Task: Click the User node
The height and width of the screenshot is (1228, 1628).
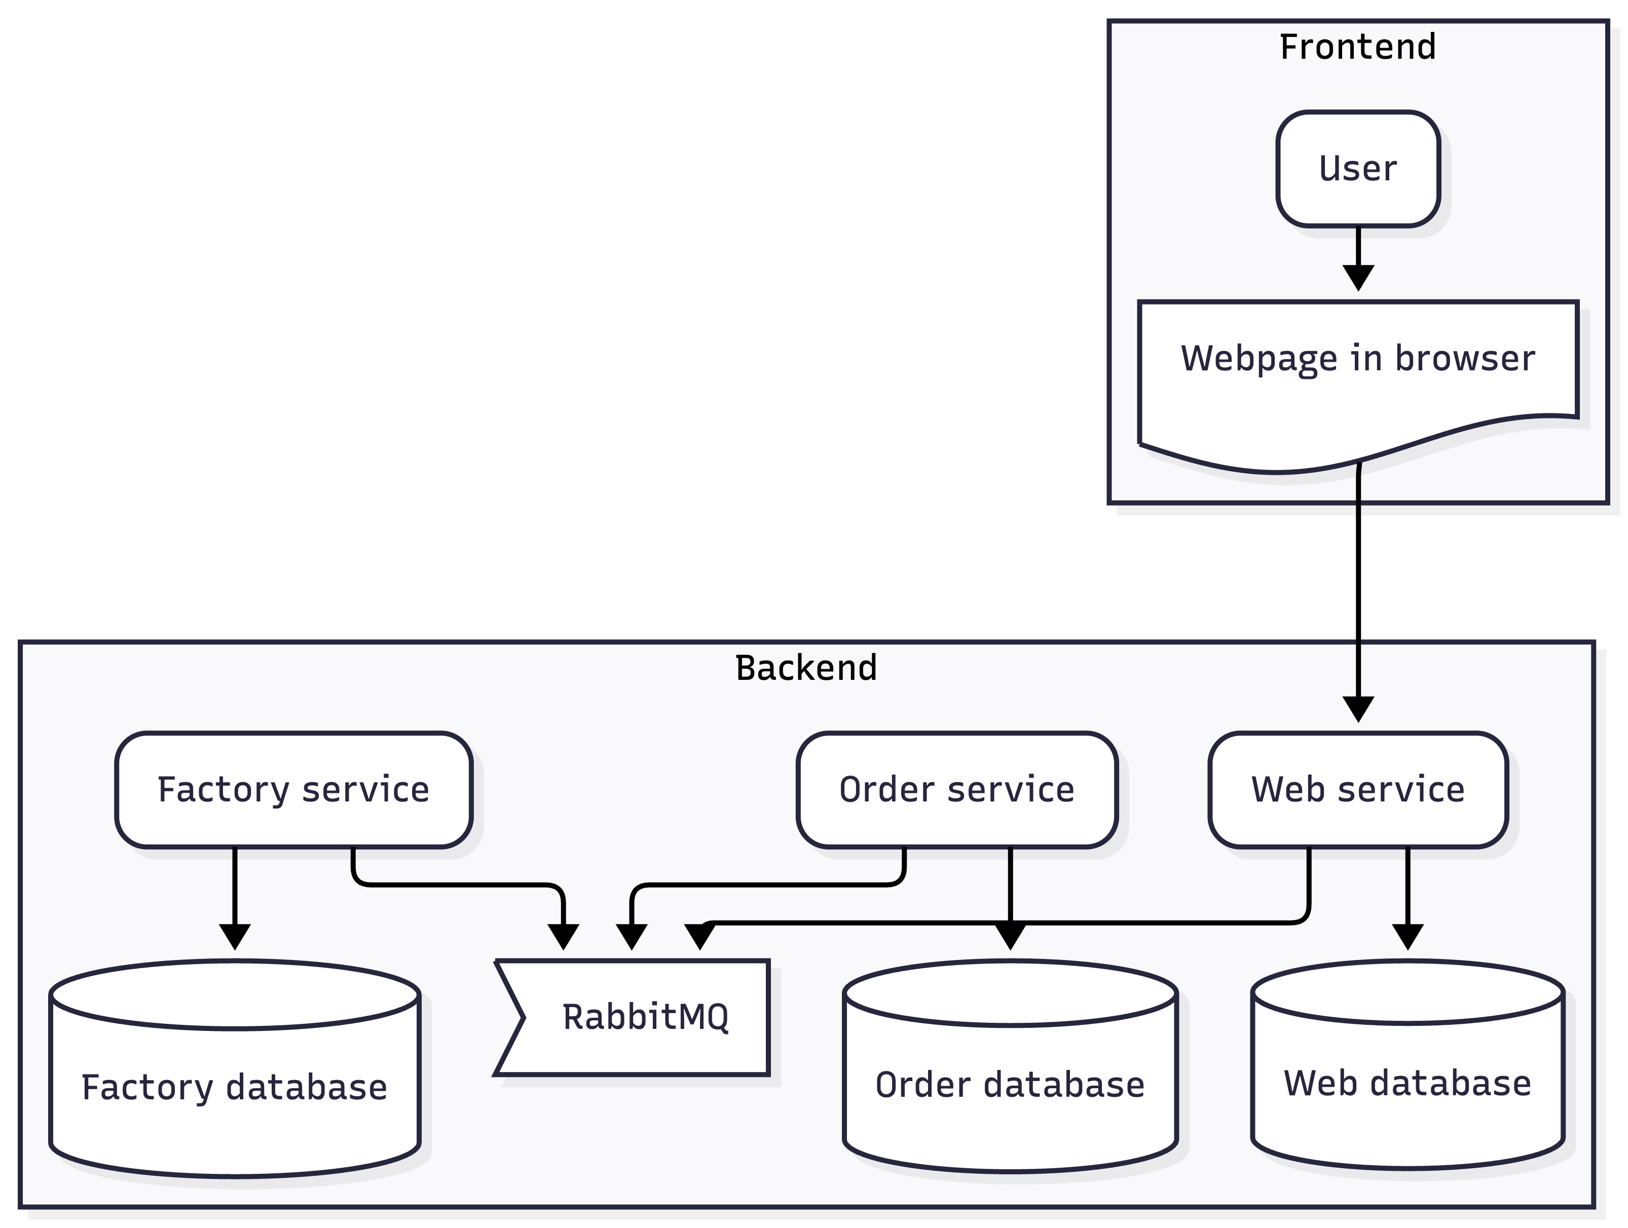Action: click(x=1358, y=169)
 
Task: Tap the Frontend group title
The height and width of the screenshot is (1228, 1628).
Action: click(x=1358, y=47)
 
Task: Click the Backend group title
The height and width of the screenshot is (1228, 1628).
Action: click(x=806, y=668)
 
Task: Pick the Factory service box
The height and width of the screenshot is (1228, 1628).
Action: click(x=293, y=789)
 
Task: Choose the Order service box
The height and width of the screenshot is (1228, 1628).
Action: click(x=957, y=789)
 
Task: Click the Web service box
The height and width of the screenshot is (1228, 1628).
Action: click(x=1358, y=789)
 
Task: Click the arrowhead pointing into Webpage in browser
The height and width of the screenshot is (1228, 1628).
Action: click(x=1358, y=278)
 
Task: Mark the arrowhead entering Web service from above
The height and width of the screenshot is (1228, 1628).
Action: click(x=1358, y=709)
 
